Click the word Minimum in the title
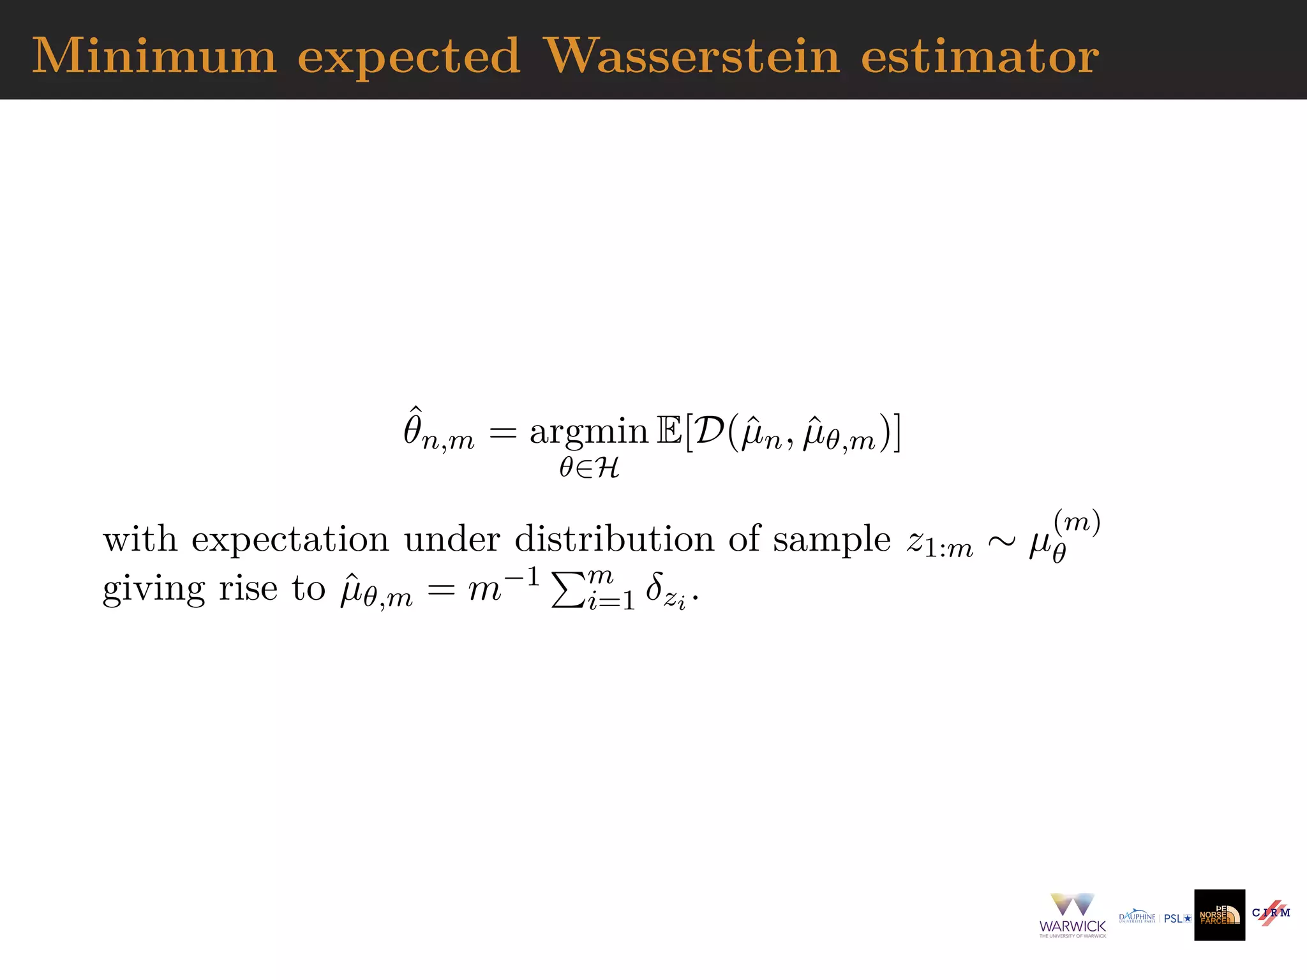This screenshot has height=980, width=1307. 154,56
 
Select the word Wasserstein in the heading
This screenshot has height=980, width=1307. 692,56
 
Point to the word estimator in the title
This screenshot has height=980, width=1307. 980,56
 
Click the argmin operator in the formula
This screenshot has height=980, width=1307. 588,433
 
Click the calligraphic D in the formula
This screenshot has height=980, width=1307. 709,431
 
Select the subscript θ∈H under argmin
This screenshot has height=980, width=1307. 589,468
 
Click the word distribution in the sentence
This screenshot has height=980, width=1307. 614,539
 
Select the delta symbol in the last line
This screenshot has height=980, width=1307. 653,586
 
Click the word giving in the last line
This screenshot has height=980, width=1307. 154,590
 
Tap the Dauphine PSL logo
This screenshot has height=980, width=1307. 1154,917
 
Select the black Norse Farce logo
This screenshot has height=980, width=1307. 1220,915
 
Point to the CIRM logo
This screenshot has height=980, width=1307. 1271,912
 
